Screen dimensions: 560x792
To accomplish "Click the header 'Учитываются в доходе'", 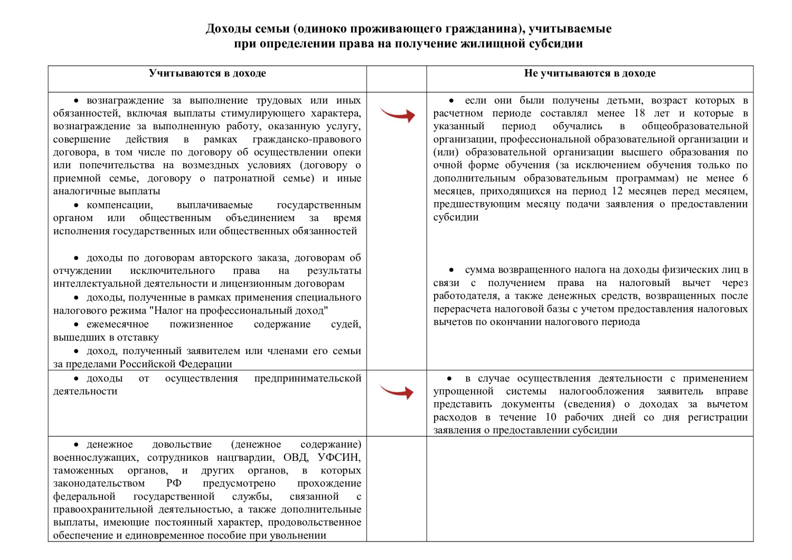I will coord(207,73).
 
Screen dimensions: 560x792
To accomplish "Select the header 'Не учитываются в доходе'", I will coord(589,73).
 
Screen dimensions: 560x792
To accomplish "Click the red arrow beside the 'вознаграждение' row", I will coord(397,114).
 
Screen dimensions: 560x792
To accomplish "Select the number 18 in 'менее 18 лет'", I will coord(639,113).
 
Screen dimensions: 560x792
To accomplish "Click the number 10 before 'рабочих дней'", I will coord(551,417).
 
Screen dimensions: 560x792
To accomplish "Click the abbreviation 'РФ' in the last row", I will coord(174,483).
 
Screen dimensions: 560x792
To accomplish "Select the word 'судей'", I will coord(346,324).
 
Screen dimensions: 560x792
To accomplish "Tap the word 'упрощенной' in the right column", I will coord(463,391).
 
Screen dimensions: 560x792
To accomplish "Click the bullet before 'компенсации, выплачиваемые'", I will coord(77,205).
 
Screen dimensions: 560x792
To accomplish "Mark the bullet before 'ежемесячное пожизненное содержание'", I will coord(77,325).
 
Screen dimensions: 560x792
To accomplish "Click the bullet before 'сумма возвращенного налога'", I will coord(451,270).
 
